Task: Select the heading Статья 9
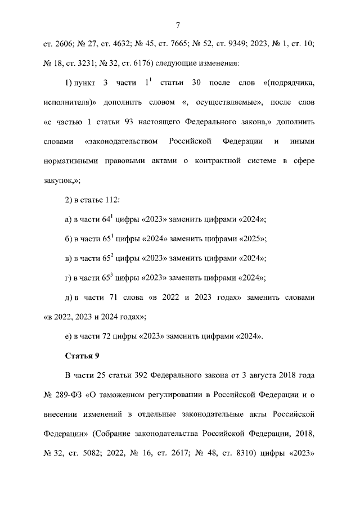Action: pyautogui.click(x=82, y=355)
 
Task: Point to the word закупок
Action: pyautogui.click(x=58, y=182)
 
